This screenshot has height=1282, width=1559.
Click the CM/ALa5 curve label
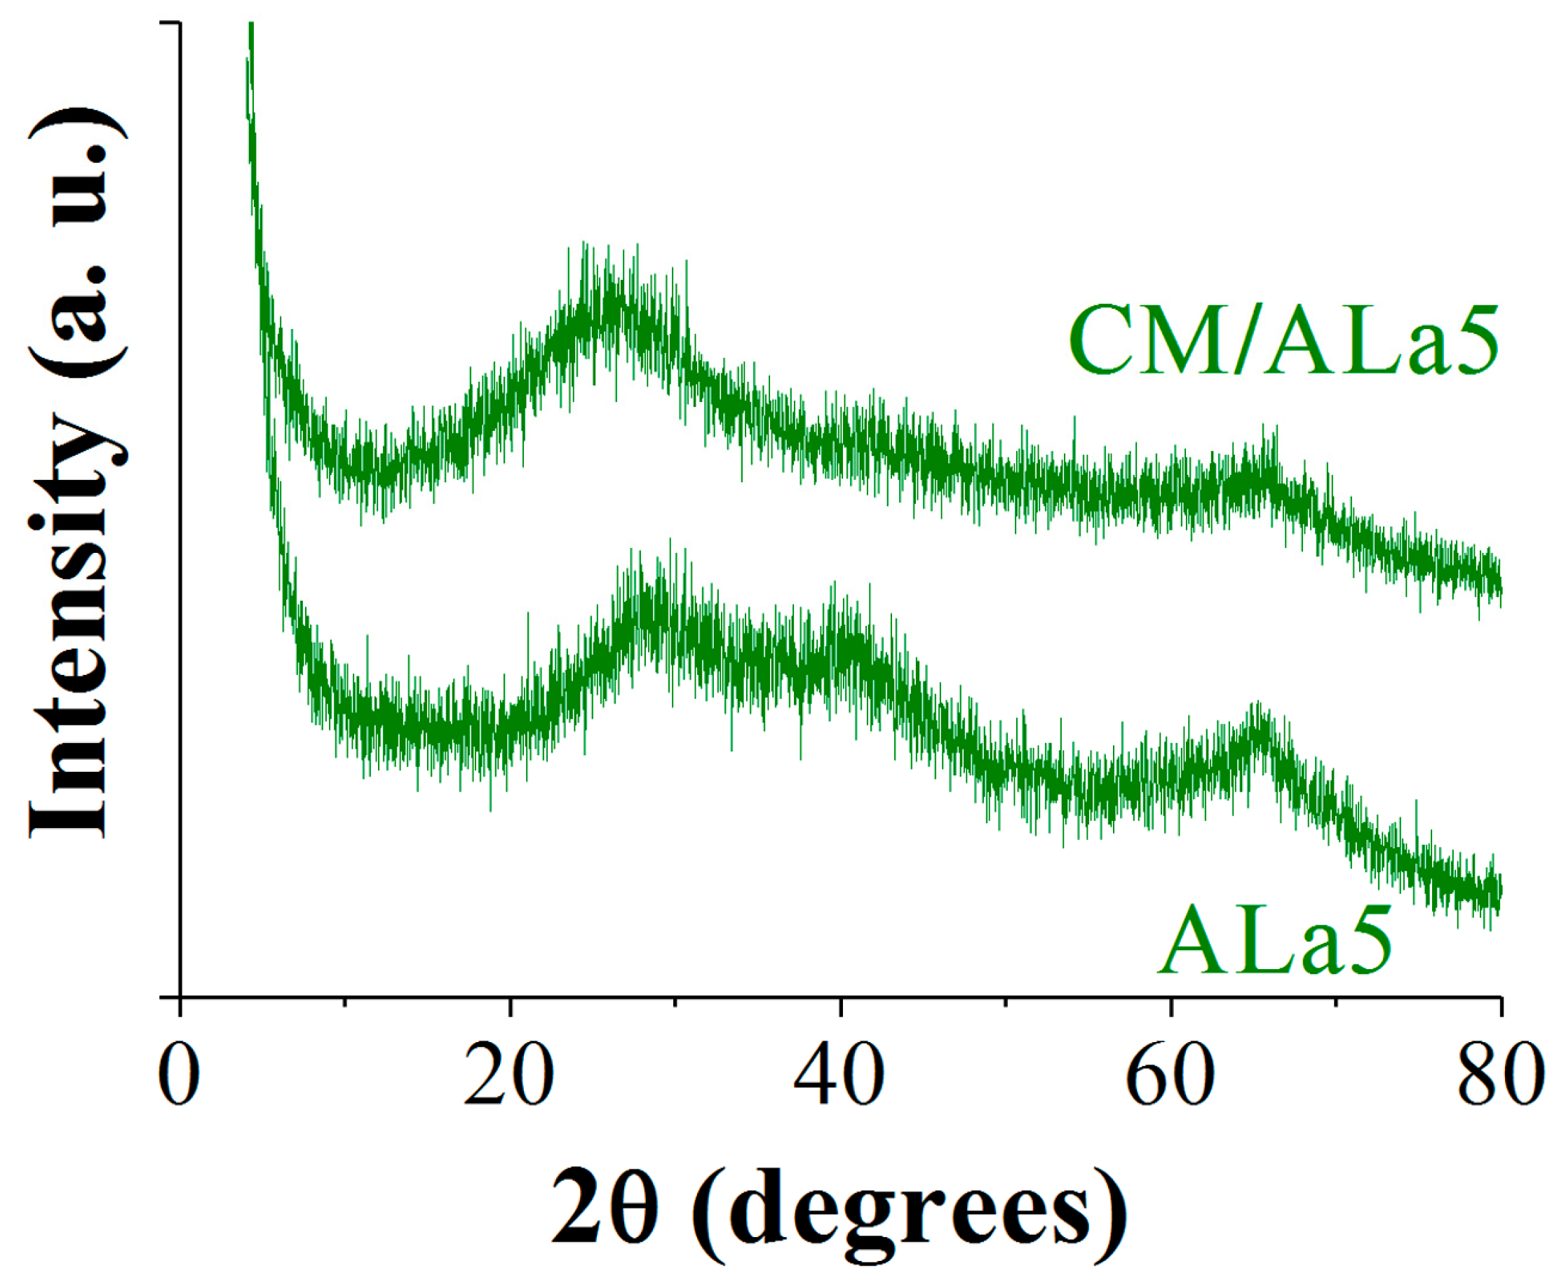1283,341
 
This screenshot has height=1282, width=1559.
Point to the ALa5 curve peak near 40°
842,635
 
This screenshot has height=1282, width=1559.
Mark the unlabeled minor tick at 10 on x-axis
345,1003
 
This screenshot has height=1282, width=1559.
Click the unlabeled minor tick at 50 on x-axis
1005,1003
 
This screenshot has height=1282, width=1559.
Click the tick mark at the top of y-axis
170,23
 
